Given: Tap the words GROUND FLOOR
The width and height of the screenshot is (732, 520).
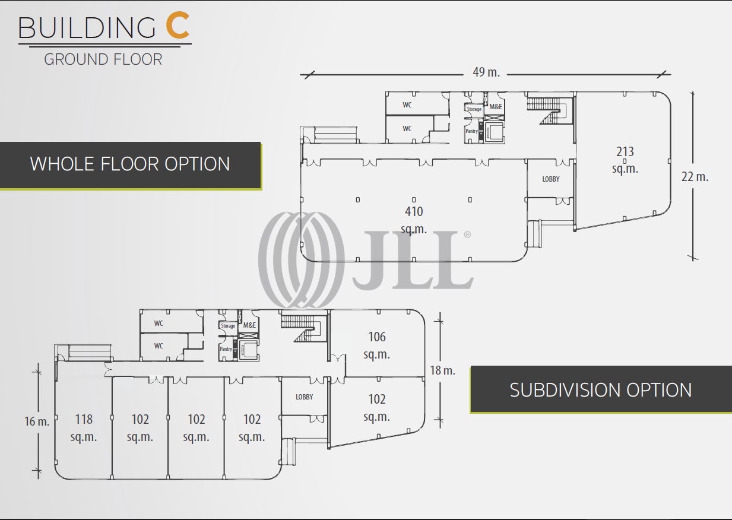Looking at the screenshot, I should [103, 59].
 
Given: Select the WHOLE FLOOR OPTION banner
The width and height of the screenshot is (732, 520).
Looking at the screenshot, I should [130, 164].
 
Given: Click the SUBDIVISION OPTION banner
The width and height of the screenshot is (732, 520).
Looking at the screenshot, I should [601, 389].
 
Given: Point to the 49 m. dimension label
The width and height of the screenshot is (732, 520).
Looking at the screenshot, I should [486, 72].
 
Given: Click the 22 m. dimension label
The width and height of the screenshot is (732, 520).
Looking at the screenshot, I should [695, 176].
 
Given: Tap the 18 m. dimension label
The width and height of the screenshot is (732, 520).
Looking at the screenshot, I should [442, 370].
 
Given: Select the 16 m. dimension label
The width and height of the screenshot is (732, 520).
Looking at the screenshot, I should [37, 422].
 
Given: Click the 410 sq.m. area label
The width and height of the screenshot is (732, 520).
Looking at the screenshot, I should [414, 220].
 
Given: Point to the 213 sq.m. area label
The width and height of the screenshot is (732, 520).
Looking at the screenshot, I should [625, 160].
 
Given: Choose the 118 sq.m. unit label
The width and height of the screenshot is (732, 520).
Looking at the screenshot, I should [84, 427].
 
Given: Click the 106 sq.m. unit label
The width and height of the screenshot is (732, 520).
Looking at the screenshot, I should [376, 345].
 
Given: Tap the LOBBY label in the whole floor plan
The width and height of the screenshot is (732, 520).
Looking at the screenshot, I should [550, 179].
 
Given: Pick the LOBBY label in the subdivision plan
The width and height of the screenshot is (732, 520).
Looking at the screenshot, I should [304, 397].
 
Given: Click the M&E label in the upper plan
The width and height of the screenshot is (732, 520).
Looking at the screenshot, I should [495, 107].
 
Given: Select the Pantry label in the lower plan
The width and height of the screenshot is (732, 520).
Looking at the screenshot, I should [226, 349].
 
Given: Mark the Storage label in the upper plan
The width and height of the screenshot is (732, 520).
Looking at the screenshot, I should [474, 109].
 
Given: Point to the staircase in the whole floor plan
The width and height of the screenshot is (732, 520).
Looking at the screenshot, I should [549, 110].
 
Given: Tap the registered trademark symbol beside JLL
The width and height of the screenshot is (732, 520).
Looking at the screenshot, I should [467, 235].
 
